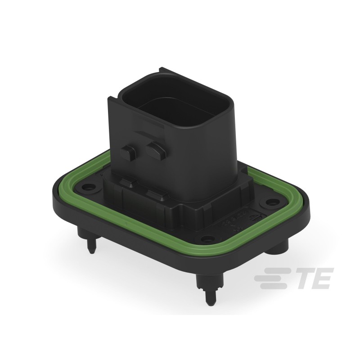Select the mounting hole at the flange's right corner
coord(271,202)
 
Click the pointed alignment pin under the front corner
coord(209,293)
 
